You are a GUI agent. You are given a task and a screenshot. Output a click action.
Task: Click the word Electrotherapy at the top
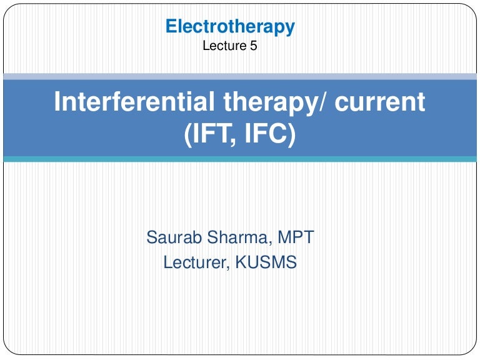click(x=230, y=27)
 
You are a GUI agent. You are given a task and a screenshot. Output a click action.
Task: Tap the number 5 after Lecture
click(x=253, y=46)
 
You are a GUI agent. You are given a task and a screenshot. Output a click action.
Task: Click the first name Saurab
click(x=172, y=238)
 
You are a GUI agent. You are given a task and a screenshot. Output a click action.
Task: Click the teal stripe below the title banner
click(x=240, y=159)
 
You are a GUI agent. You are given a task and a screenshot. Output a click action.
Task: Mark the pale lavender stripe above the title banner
click(x=240, y=76)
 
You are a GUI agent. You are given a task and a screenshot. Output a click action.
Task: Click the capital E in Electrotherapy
click(x=171, y=27)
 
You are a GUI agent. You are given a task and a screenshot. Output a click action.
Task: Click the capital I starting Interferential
click(x=58, y=102)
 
